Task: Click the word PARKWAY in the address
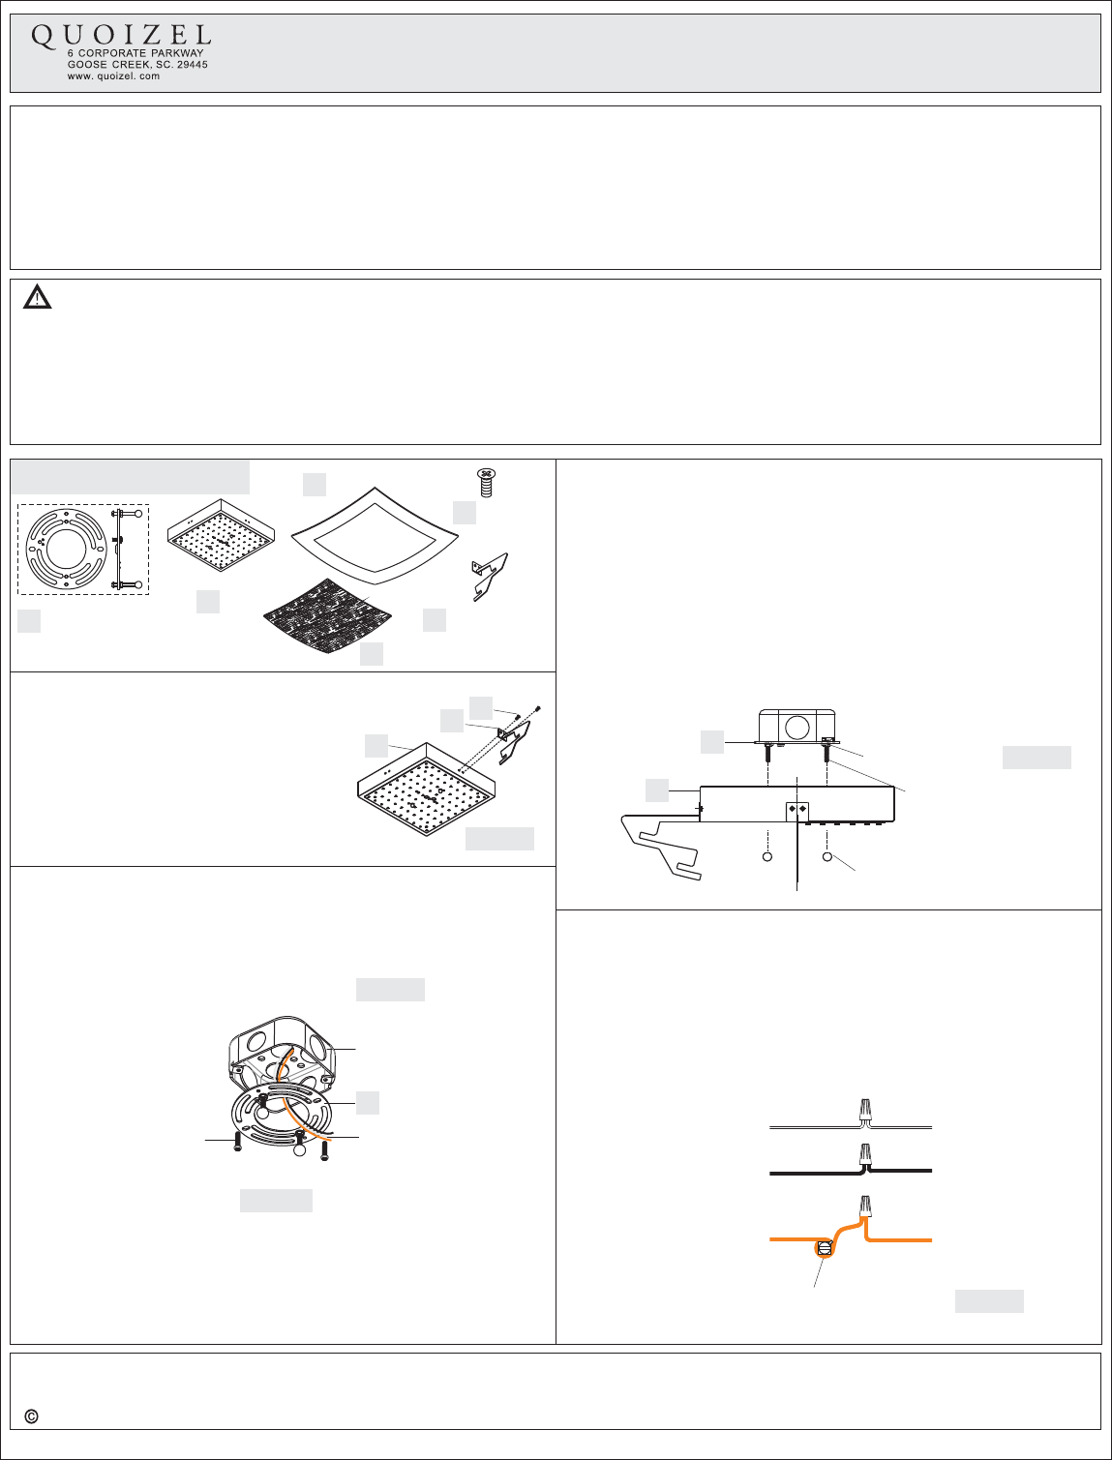pos(177,53)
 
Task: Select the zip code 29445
pos(193,65)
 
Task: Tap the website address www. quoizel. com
pos(113,75)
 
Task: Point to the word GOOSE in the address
pos(87,65)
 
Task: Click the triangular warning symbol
pos(37,297)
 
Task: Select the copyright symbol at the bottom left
pos(31,1416)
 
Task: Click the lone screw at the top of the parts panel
pos(486,483)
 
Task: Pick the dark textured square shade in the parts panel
pos(328,615)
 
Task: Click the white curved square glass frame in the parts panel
pos(376,535)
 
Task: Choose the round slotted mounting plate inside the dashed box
pos(65,549)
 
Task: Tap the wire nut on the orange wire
pos(865,1205)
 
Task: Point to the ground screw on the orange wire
pos(825,1248)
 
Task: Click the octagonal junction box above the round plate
pos(281,1053)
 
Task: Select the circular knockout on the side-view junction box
pos(796,727)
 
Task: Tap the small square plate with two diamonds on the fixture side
pos(796,811)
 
